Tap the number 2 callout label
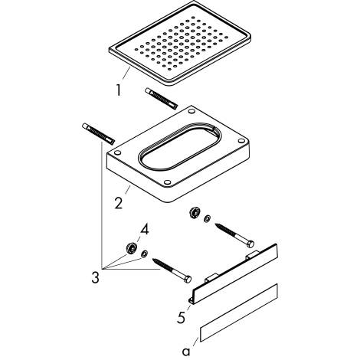point(119,202)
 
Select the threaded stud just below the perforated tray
point(162,99)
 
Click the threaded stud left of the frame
point(97,136)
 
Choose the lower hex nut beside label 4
point(132,248)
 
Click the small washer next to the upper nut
point(208,220)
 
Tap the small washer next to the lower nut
point(146,255)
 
